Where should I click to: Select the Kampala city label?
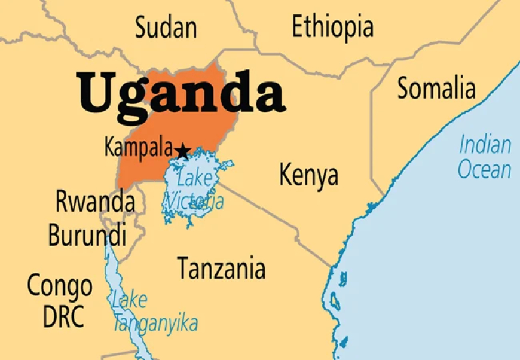coord(139,148)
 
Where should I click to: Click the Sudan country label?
coord(166,28)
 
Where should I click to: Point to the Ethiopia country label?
coord(332,27)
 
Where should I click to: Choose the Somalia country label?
coord(436,89)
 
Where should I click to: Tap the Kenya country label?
coord(308,175)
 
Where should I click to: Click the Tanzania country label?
coord(221,269)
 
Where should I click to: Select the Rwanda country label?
coord(94,202)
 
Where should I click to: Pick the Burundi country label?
coord(87,235)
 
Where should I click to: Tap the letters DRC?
coord(63,316)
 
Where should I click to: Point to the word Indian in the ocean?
coord(485,145)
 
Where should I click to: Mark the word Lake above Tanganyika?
coord(129,300)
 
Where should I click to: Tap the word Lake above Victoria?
coord(194,178)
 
